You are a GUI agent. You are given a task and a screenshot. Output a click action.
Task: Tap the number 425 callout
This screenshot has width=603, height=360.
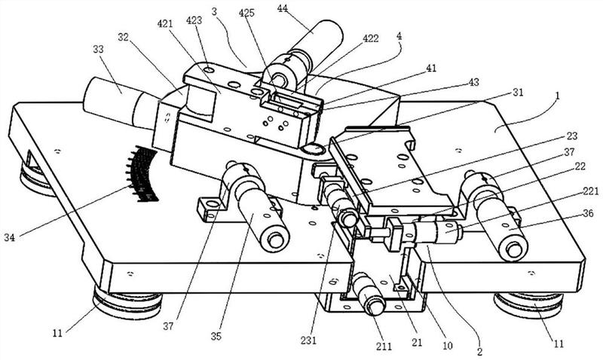coord(246,13)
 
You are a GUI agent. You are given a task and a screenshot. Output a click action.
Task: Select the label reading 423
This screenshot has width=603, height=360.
coord(194,20)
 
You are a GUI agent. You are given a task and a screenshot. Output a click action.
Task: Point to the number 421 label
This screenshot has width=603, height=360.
coord(165,24)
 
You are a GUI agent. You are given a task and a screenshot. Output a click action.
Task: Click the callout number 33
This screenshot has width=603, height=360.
coord(98,49)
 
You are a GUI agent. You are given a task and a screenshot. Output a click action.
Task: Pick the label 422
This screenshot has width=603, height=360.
coord(371,38)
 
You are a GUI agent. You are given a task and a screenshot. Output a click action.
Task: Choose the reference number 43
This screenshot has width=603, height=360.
coord(474,82)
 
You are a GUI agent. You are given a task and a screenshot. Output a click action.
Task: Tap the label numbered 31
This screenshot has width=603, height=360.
coord(518,93)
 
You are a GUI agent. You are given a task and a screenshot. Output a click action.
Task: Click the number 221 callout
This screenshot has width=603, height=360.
coord(590,191)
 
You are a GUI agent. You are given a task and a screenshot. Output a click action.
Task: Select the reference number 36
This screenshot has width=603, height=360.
coord(588,213)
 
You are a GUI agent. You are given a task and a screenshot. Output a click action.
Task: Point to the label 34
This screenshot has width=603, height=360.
coord(10,237)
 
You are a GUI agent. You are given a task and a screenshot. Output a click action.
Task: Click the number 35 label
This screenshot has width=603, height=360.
coord(216,336)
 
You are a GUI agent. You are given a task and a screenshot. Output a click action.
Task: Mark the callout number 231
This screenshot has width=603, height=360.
coord(308,340)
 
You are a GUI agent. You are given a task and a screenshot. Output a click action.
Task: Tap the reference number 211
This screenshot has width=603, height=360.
coord(384,346)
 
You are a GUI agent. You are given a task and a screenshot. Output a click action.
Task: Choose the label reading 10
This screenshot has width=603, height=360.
coord(447,346)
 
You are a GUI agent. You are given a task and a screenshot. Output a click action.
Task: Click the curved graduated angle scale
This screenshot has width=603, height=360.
coord(142,174)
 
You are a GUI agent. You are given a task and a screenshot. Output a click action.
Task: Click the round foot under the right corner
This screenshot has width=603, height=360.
coord(529,304)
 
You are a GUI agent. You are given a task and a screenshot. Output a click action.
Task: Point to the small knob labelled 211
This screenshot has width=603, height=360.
coord(369,294)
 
